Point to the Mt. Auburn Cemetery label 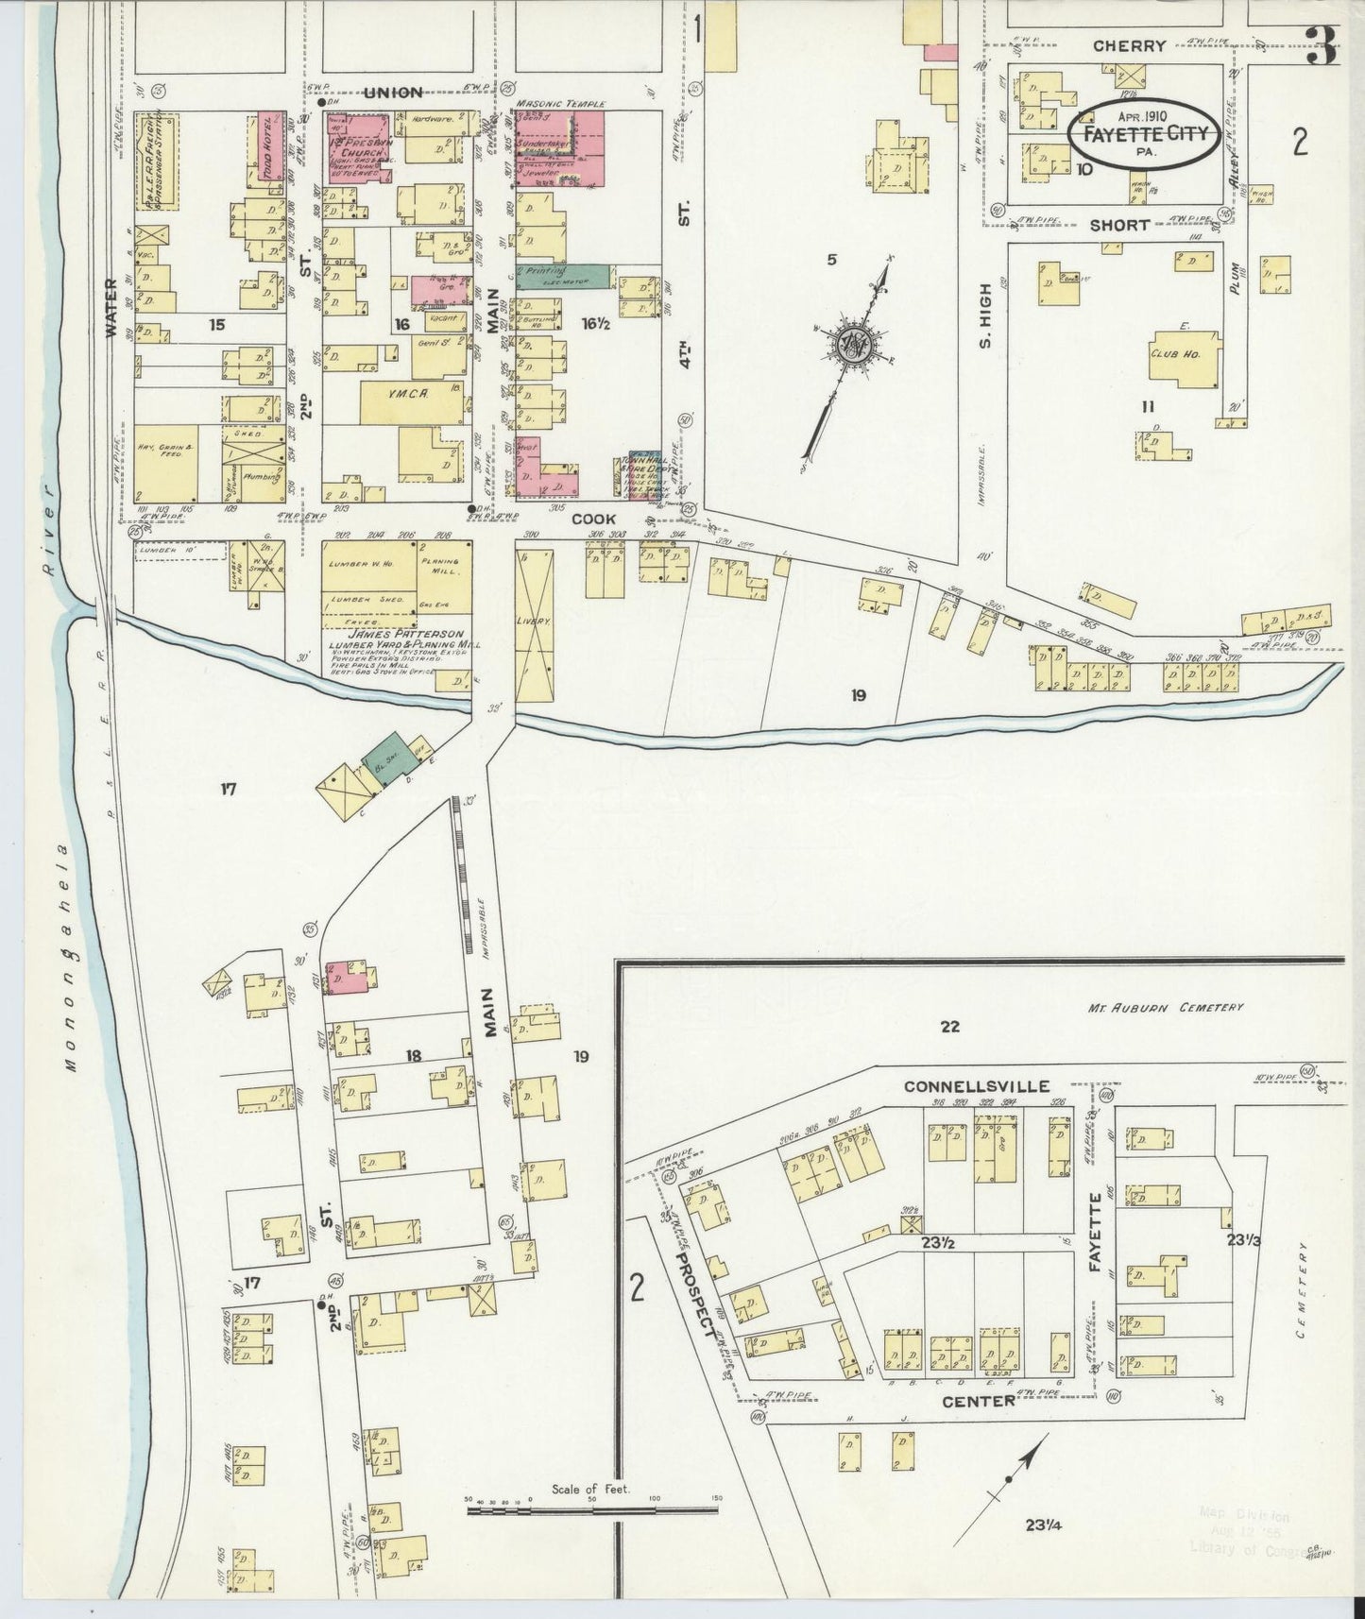pyautogui.click(x=1172, y=1008)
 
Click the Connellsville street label pyautogui.click(x=976, y=1087)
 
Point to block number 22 pyautogui.click(x=949, y=1027)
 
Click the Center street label pyautogui.click(x=978, y=1401)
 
